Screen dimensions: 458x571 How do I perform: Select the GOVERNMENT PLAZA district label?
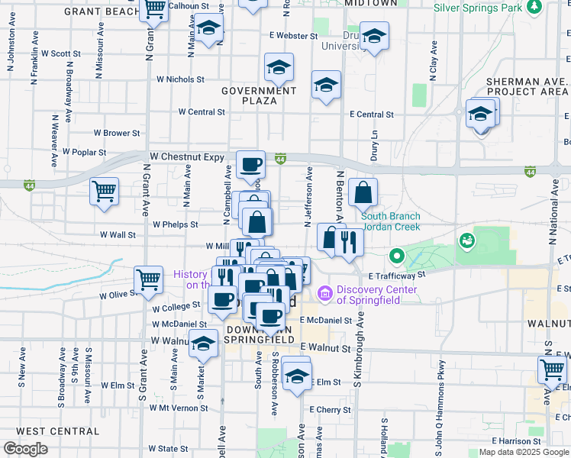[x=259, y=95]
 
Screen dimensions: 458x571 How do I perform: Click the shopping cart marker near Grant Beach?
[x=155, y=9]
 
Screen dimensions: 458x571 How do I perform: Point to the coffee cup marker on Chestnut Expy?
[x=250, y=163]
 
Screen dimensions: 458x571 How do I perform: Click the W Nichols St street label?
[x=181, y=79]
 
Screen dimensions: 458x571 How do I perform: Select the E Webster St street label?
[x=293, y=36]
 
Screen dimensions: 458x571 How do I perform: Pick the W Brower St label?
[x=117, y=133]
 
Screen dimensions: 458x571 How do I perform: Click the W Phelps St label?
[x=175, y=224]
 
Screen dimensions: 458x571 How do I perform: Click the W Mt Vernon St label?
[x=177, y=408]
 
